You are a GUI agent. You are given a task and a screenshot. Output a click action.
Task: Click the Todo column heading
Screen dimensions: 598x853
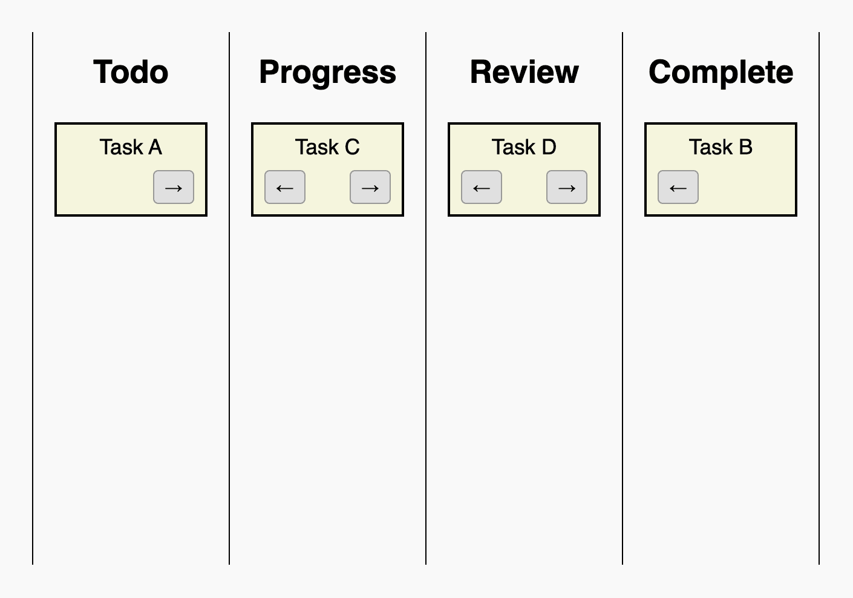coord(131,73)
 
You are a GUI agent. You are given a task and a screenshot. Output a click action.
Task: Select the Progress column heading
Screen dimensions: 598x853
coord(327,73)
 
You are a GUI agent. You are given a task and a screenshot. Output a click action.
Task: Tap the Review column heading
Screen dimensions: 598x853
coord(524,73)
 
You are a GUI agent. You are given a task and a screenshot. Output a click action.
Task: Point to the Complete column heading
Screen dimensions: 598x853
coord(721,73)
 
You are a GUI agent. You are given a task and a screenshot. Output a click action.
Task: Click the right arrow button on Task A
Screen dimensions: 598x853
coord(174,187)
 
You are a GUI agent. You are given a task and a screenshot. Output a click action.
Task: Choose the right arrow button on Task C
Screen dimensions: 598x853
coord(370,187)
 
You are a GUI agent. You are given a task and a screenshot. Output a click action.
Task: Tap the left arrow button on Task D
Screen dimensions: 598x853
coord(482,187)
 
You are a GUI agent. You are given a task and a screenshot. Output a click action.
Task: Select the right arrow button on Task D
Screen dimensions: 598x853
coord(567,187)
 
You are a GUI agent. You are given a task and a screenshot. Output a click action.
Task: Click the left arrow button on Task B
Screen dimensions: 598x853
coord(678,187)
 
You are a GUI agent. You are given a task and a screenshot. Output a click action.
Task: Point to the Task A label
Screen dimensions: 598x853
coord(131,147)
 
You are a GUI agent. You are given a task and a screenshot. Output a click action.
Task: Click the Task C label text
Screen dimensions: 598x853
coord(327,147)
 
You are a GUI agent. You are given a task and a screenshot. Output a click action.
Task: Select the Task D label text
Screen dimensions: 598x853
coord(524,147)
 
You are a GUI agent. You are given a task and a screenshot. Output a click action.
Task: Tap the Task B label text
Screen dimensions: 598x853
coord(721,147)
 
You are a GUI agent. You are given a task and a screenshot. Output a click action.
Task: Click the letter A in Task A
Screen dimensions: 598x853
coord(155,147)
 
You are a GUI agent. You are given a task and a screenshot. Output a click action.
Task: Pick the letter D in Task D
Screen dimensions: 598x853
coord(549,147)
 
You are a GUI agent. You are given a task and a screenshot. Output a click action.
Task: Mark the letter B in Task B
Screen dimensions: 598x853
coord(745,147)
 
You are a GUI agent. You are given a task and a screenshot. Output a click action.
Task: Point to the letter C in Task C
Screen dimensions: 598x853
coord(352,147)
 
